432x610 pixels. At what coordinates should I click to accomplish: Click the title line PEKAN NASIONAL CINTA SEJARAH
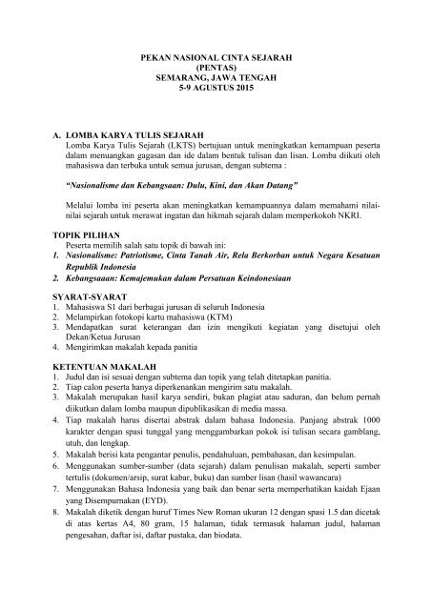click(x=216, y=58)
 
